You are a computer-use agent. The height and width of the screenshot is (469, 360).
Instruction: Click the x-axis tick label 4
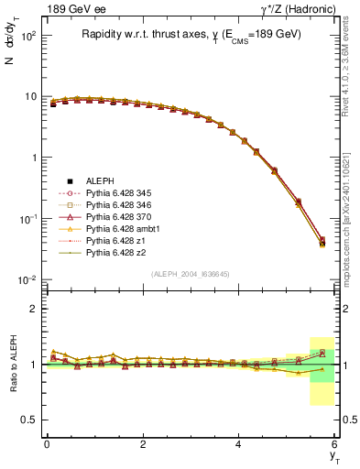238,444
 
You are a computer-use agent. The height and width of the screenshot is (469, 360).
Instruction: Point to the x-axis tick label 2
143,444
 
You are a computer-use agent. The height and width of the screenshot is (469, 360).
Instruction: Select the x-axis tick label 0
47,444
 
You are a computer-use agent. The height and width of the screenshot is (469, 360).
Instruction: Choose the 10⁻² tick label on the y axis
26,280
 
